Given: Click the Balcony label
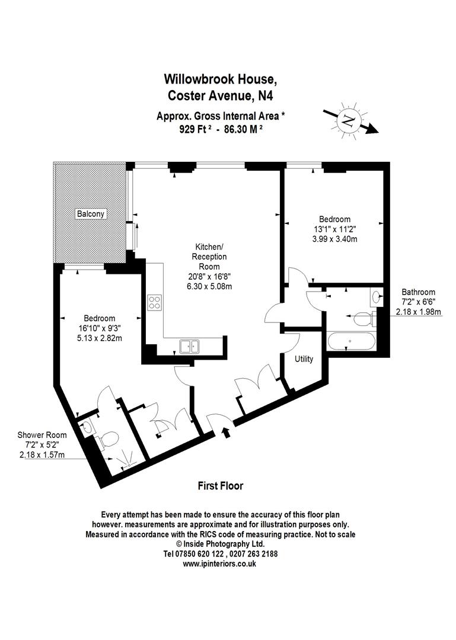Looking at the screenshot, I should tap(90, 213).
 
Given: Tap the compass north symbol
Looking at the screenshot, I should tap(348, 121).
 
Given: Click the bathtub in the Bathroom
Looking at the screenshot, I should tap(350, 341).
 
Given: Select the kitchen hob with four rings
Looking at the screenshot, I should tap(155, 302).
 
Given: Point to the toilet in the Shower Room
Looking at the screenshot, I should tap(109, 439).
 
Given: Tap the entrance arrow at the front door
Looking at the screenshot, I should tap(225, 433).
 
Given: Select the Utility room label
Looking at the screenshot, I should tap(304, 359).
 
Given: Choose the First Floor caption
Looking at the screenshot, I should tap(220, 486).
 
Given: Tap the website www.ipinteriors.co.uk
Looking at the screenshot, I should tap(219, 564).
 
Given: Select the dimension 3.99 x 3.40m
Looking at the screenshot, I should tap(335, 239).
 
